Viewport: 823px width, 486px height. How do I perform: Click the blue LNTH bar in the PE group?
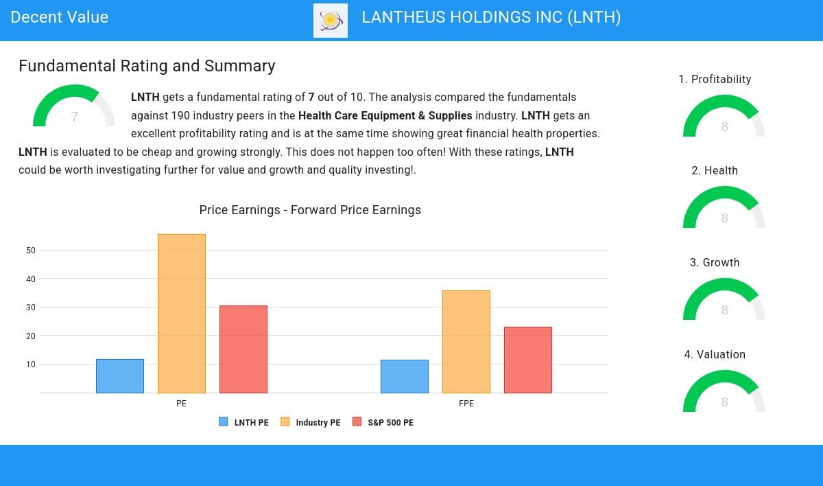point(120,376)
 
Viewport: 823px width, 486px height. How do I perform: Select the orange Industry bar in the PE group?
point(182,314)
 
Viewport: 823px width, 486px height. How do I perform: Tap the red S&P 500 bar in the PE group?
point(243,349)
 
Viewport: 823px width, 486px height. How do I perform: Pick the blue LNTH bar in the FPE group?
point(405,376)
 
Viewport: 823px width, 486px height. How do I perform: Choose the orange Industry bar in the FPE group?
point(466,342)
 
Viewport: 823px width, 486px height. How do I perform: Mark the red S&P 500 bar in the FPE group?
point(528,360)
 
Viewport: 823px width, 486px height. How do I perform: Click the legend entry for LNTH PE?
point(244,422)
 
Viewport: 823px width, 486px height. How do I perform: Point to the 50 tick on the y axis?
point(31,251)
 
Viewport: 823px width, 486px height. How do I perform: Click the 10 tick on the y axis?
point(31,364)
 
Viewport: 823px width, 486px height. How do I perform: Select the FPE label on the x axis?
point(466,404)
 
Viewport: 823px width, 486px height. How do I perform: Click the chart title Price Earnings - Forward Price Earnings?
point(310,210)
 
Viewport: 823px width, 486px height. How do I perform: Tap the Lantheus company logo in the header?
point(331,21)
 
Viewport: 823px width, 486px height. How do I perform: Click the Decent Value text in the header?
point(60,18)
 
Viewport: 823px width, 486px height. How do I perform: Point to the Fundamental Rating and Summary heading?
point(147,66)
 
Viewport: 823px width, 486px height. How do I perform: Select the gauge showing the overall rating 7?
point(74,108)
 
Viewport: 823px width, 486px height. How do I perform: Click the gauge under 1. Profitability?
point(724,117)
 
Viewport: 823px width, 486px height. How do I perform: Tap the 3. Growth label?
point(715,262)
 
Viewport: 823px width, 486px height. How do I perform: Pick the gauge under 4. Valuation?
point(724,393)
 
